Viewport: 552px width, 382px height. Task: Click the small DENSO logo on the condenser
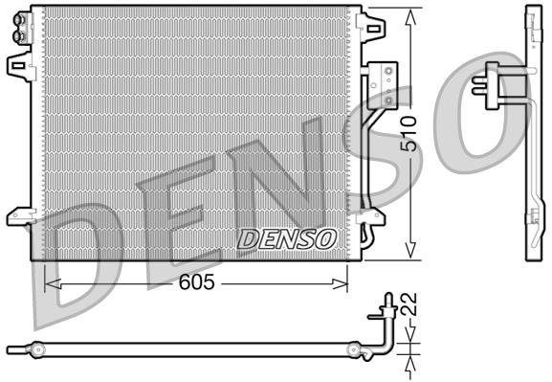pos(286,236)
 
